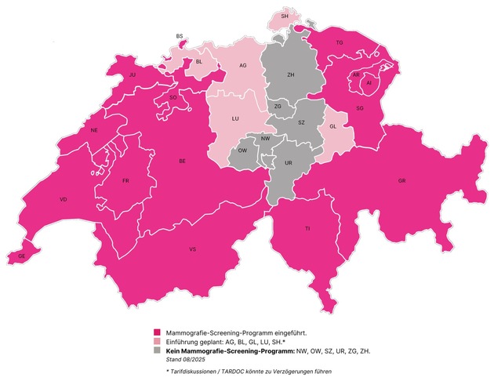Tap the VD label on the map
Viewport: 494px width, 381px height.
tap(64, 200)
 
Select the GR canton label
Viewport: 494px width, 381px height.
tap(402, 181)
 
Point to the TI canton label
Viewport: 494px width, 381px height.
tap(307, 228)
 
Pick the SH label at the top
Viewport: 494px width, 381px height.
tap(284, 16)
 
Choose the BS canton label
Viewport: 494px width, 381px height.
tap(180, 36)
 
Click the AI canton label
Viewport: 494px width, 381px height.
tap(369, 82)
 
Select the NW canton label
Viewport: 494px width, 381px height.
tap(266, 138)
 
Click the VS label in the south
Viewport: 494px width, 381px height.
tap(192, 250)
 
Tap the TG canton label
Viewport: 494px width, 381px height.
tap(340, 42)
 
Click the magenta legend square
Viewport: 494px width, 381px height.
tap(158, 332)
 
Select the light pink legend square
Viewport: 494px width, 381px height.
tap(158, 341)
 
